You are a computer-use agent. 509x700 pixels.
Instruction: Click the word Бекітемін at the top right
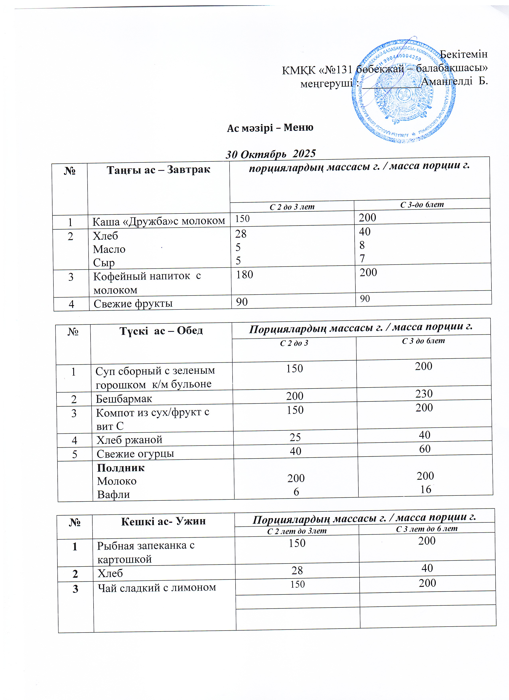coord(463,54)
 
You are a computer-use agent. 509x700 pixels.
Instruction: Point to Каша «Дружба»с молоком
coord(159,221)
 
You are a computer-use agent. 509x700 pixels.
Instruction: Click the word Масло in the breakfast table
coord(109,249)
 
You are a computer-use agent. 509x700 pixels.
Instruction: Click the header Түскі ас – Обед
coord(161,331)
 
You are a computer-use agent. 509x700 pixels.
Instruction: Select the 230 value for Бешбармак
coord(424,394)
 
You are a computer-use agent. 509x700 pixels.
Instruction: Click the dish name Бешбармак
coord(124,399)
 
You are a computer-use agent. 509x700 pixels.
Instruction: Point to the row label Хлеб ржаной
coord(129,440)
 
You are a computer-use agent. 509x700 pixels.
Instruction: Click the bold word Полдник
coord(121,468)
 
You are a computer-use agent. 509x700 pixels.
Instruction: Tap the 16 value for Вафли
coord(426,489)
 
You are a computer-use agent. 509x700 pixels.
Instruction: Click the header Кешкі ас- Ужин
coord(163,522)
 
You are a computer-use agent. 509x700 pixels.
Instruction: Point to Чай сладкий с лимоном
coord(157,588)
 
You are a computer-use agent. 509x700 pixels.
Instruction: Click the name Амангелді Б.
coord(454,81)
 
